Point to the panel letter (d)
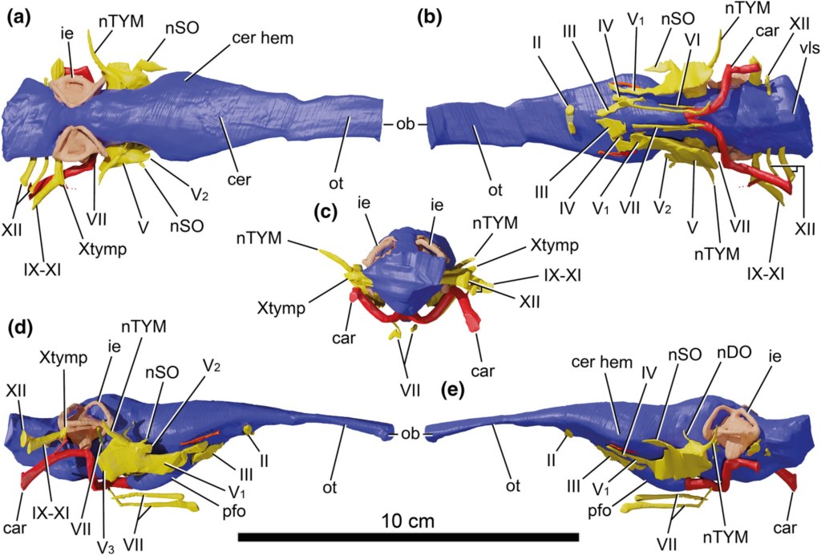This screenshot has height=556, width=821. click(x=18, y=328)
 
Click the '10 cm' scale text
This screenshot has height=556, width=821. click(x=408, y=521)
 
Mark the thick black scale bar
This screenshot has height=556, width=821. click(x=408, y=536)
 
